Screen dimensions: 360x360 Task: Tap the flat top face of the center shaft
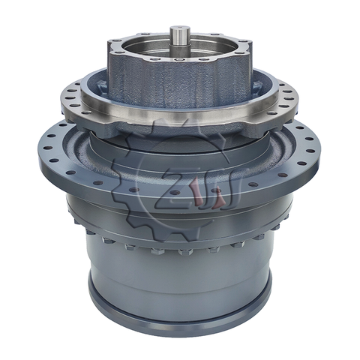tap(181, 29)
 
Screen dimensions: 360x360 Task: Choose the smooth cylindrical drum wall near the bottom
tap(180, 285)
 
